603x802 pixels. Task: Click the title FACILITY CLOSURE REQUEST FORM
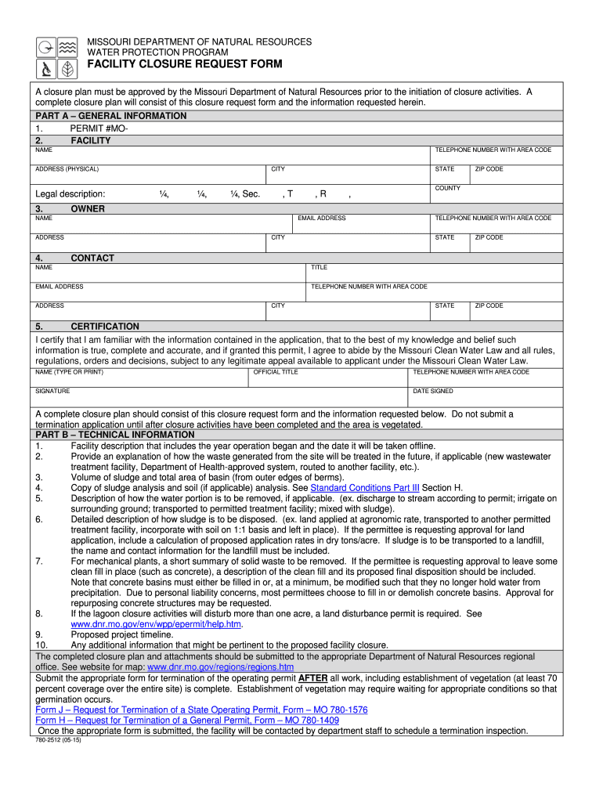pos(184,64)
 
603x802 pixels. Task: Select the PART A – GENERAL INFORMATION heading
pos(111,116)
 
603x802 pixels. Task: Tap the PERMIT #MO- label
pos(99,128)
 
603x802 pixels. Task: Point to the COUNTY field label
pos(448,189)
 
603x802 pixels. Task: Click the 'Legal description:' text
pos(70,194)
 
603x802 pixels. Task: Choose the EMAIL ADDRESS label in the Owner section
pos(322,219)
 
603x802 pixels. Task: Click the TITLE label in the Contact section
pos(319,267)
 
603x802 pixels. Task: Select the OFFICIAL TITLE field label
pos(276,372)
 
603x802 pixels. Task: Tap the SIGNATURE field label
pos(52,391)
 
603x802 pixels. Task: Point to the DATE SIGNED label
pos(432,391)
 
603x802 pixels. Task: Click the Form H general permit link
pos(187,720)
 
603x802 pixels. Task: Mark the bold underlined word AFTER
pos(313,677)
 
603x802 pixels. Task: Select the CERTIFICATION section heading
pos(105,327)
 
